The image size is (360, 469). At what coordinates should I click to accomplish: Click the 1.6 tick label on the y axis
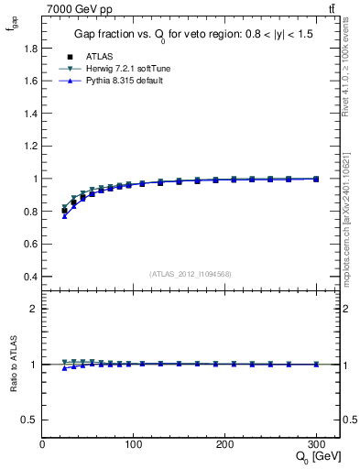pos(30,81)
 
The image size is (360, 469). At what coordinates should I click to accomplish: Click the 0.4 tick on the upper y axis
pos(30,277)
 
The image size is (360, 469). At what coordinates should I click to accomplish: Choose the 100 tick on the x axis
pos(134,443)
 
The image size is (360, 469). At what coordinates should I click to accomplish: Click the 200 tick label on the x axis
pos(225,443)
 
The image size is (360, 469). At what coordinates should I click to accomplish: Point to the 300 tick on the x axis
pos(317,443)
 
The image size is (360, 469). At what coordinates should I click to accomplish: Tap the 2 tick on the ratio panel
pos(34,309)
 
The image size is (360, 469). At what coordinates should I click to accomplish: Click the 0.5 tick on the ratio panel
pos(30,420)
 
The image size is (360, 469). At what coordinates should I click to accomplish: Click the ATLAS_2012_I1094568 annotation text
pos(190,274)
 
